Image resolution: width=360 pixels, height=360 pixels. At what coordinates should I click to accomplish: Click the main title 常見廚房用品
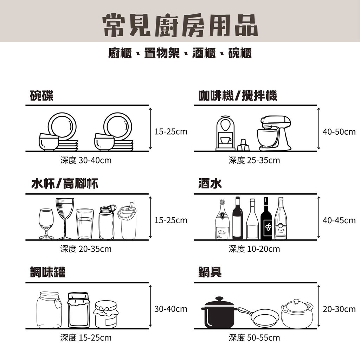[x=180, y=25]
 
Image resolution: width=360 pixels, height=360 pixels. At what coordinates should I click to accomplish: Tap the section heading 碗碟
[x=42, y=96]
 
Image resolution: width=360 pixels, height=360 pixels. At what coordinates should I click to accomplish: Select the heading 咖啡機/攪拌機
[x=238, y=96]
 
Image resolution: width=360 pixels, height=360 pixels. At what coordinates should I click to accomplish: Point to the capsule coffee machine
[x=225, y=133]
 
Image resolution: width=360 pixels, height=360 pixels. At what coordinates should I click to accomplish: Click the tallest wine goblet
[x=65, y=218]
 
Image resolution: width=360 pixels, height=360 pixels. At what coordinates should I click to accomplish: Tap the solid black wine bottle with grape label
[x=266, y=219]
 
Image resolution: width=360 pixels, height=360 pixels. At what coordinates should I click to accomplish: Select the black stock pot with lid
[x=219, y=313]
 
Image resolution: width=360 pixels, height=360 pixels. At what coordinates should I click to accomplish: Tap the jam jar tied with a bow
[x=106, y=314]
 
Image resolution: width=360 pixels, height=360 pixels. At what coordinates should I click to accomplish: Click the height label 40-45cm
[x=339, y=220]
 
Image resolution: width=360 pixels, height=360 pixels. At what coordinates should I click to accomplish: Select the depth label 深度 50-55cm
[x=254, y=338]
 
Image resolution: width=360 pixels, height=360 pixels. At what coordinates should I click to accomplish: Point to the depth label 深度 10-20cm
[x=254, y=249]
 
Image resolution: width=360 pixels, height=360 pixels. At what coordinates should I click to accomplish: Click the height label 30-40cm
[x=171, y=309]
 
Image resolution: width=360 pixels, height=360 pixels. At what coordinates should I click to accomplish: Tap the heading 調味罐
[x=47, y=272]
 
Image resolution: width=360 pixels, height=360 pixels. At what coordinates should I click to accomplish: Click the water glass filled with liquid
[x=85, y=224]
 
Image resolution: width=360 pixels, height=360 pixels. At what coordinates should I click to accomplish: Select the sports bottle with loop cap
[x=107, y=223]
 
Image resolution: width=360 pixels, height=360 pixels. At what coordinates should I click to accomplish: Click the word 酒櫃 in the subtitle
[x=204, y=53]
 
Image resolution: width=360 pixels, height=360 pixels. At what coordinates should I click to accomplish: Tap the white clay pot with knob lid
[x=297, y=314]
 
